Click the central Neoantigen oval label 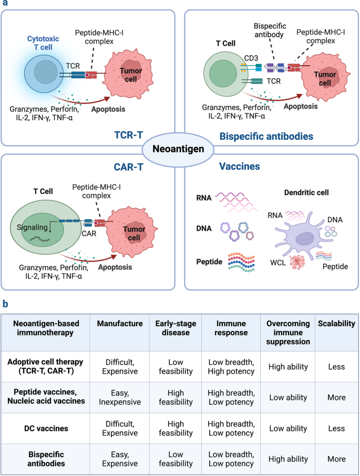pos(179,149)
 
